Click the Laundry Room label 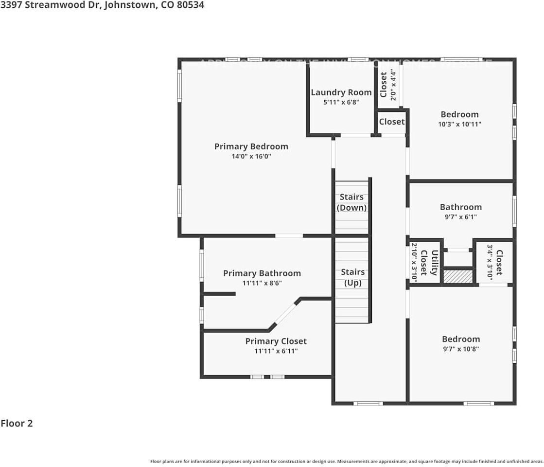pos(341,92)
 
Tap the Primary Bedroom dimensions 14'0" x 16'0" pos(251,157)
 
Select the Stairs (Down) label pos(351,202)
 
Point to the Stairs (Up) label pos(352,277)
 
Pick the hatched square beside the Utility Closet pos(458,276)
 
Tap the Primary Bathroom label pos(262,273)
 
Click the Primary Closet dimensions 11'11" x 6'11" pos(276,351)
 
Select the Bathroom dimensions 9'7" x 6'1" pos(460,217)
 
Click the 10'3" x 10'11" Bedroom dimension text pos(459,124)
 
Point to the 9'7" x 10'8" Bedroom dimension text pos(460,349)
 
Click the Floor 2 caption pos(17,423)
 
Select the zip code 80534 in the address pos(190,5)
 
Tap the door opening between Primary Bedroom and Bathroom pos(289,236)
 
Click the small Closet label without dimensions pos(391,122)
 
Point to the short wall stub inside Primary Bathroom pos(219,294)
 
